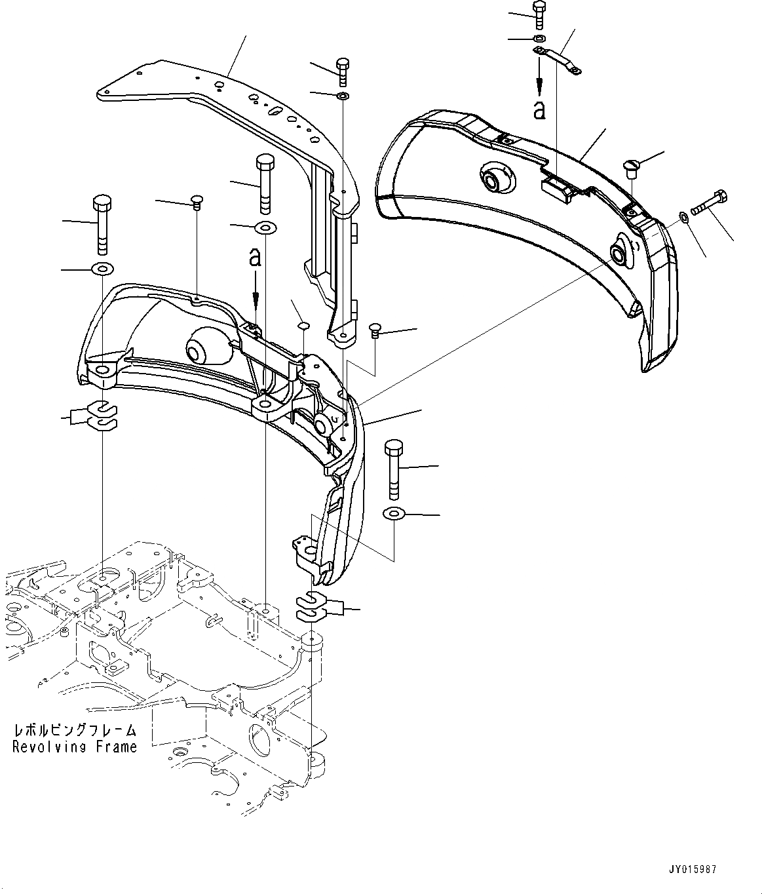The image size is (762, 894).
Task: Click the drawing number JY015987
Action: coord(694,869)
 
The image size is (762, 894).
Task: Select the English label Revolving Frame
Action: coord(75,747)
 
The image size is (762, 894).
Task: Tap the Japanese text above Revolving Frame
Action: coord(75,730)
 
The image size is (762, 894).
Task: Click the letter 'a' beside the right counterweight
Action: coord(539,110)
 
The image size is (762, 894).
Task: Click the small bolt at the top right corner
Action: coord(539,14)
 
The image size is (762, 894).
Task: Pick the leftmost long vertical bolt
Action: coord(102,223)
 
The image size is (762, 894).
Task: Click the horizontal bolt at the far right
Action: coord(708,203)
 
